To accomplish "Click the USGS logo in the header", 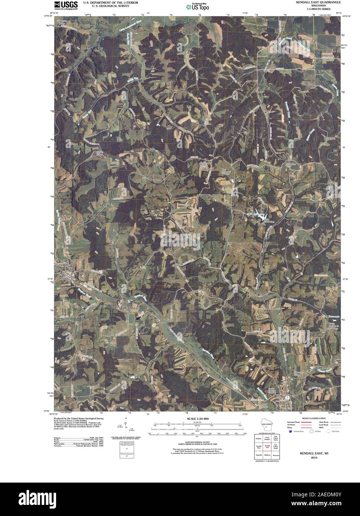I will coord(66,5).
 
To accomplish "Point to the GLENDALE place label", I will coord(128,308).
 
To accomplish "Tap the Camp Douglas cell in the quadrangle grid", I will coord(266,438).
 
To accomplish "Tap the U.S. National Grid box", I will coord(126,450).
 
